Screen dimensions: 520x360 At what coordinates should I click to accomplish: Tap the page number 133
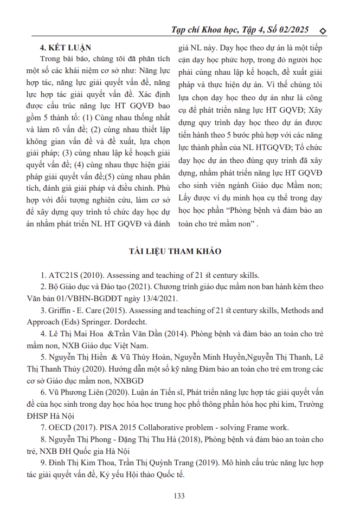tap(179, 495)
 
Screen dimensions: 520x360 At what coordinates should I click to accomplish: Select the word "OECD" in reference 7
tap(60, 426)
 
